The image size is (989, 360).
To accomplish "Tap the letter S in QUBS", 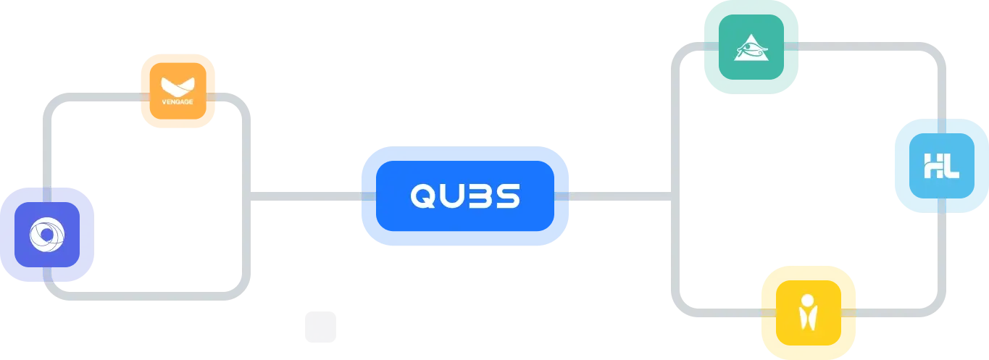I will coord(509,196).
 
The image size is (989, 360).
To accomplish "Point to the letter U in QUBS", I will coord(451,196).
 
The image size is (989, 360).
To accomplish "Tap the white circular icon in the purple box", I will coord(47,234).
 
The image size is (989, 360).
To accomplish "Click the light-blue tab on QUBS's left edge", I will coord(367,196).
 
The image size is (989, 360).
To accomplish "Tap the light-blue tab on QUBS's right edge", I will coord(562,196).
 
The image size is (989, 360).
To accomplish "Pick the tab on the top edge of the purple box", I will coord(47,194).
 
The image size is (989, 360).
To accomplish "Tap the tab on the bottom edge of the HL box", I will coord(941,207).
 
